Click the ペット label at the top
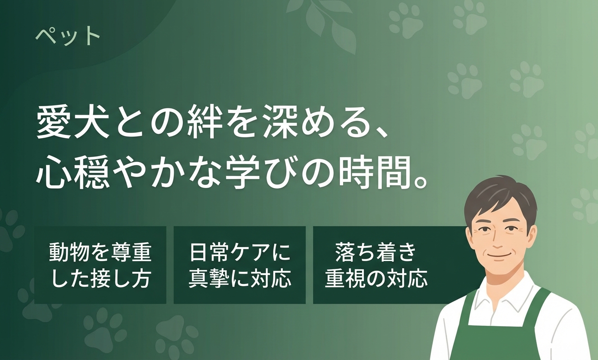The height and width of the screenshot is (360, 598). coord(68,36)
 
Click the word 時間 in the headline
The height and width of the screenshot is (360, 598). coord(376,172)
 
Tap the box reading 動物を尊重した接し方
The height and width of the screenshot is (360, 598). coord(100,265)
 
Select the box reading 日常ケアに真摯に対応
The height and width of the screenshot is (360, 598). coord(240,265)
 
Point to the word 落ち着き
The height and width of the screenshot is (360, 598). coord(376,252)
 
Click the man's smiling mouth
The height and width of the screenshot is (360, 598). coord(497,256)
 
